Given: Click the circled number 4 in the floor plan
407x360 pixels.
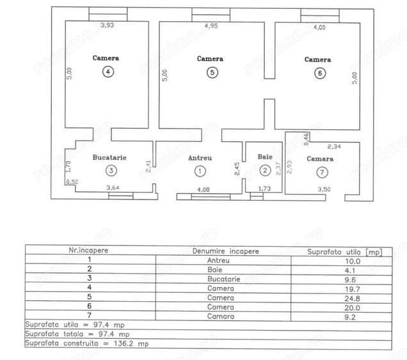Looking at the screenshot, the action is point(108,72).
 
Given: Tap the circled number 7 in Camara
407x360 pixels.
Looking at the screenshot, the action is point(322,172).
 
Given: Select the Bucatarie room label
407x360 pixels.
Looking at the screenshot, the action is point(109,157).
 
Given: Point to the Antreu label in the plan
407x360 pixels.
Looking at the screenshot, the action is point(200,158).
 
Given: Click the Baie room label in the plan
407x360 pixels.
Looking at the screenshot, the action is point(265,157).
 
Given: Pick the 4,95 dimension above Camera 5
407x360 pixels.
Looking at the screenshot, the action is point(211,26).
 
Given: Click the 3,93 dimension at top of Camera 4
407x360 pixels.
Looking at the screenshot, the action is point(108,25).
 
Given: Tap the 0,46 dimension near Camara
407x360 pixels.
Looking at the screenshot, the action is point(307,139).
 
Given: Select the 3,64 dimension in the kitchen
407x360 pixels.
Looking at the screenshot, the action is point(113,187).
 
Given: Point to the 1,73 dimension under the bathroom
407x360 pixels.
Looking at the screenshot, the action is point(264,189).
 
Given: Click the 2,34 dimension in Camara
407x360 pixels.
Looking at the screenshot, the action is point(334,146).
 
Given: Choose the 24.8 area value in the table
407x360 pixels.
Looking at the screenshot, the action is point(352,299).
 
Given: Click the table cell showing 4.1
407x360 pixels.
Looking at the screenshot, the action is point(350,270).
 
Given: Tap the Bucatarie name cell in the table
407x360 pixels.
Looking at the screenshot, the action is point(224,279).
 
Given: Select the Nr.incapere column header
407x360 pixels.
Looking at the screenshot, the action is point(88,250).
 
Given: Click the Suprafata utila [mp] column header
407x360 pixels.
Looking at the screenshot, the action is point(345,252).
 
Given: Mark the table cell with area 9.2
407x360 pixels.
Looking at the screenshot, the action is point(350,317).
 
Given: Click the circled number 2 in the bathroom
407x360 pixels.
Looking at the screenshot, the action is point(265,170).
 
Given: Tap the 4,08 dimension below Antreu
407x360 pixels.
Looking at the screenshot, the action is point(203,190).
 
